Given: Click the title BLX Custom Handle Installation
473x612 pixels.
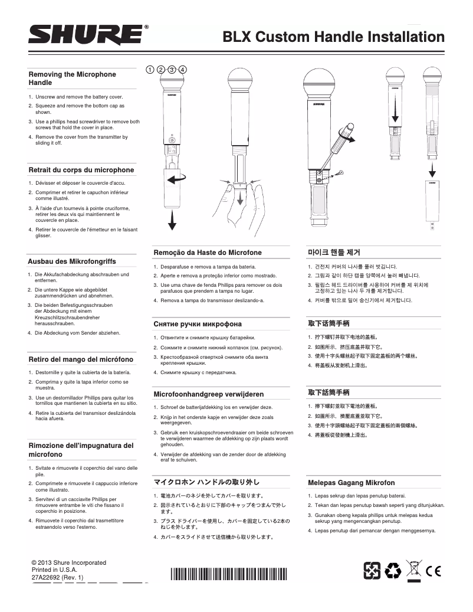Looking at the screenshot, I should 333,37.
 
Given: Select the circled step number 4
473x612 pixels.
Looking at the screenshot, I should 183,69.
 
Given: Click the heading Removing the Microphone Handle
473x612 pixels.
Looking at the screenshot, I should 72,78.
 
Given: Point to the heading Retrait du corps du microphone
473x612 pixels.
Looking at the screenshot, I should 81,170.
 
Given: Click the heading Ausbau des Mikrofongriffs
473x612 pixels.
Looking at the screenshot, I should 72,261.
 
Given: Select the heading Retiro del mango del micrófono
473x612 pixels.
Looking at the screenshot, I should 81,359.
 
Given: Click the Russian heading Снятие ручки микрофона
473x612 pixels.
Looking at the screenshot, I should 198,324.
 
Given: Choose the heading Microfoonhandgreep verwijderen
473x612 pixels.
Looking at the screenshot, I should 208,394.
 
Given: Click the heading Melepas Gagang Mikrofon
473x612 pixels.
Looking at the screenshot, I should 351,482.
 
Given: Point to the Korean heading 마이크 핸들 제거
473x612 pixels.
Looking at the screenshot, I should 334,253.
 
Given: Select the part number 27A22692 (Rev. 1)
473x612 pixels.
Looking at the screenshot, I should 57,578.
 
